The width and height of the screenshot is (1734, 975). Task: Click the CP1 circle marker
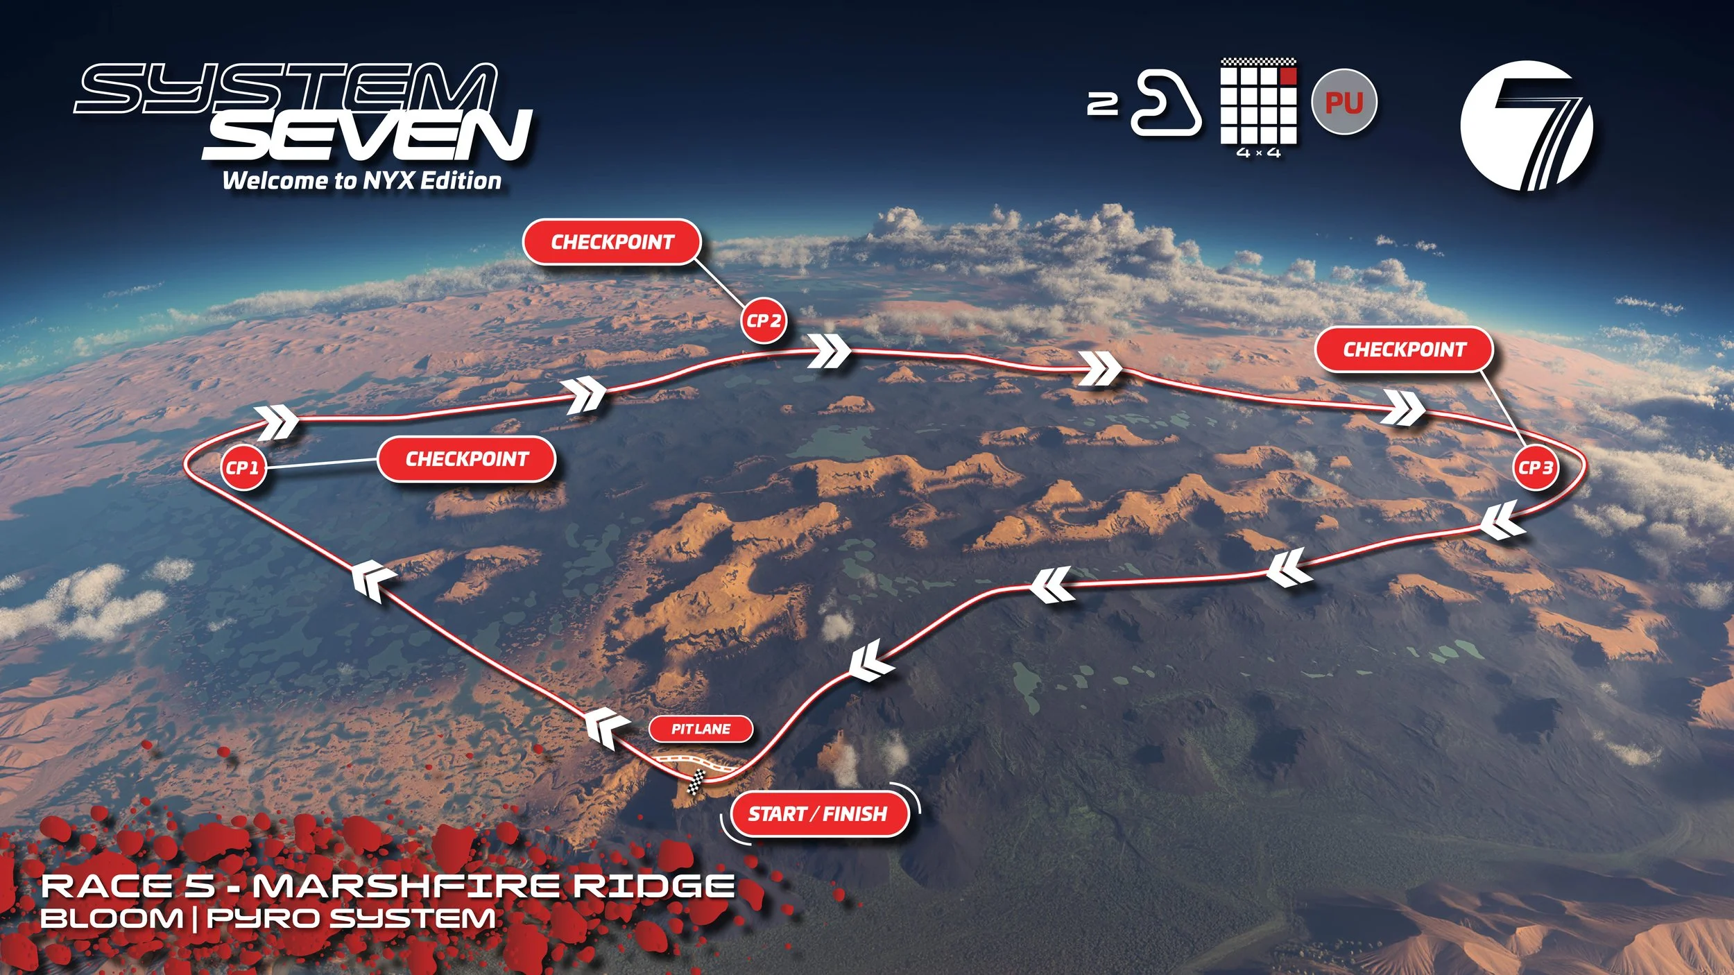click(243, 467)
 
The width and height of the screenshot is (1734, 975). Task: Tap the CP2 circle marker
click(764, 320)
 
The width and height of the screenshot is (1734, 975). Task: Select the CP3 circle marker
click(1535, 467)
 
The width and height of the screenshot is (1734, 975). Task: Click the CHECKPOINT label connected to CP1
click(467, 459)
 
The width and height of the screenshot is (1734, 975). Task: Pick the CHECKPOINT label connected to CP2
click(612, 242)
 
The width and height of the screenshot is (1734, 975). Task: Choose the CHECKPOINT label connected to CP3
click(1405, 350)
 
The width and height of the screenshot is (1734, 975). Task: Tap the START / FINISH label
click(818, 813)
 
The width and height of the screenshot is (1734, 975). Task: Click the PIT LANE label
click(701, 729)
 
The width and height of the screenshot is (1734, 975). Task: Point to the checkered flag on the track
click(696, 782)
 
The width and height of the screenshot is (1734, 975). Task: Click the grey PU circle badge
click(1344, 102)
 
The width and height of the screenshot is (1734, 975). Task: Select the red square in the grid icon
click(1287, 76)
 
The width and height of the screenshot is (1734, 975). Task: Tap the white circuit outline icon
click(1166, 103)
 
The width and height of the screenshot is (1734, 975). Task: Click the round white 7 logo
click(1527, 126)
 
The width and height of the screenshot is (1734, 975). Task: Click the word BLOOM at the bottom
click(112, 919)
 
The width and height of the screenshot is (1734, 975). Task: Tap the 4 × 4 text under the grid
click(1258, 153)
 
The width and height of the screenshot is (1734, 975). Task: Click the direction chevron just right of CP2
click(830, 351)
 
